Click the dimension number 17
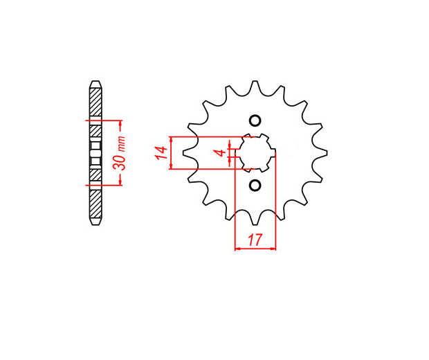(255, 240)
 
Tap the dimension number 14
(161, 153)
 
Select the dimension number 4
(221, 153)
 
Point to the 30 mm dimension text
(119, 153)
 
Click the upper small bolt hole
(255, 120)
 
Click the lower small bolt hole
(255, 186)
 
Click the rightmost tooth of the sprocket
(320, 153)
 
